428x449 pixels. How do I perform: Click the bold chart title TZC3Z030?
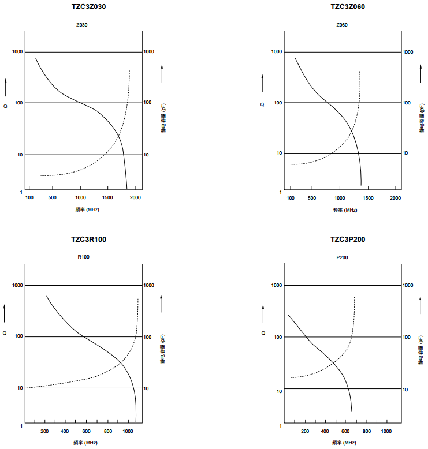[88, 6]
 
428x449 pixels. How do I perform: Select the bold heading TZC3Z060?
[348, 6]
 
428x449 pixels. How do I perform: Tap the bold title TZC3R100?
[88, 240]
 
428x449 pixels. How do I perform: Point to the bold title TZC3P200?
[348, 240]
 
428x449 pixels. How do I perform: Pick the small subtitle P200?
[342, 258]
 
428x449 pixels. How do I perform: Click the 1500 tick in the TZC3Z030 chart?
[108, 198]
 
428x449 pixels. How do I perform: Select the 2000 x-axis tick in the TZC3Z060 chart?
[395, 198]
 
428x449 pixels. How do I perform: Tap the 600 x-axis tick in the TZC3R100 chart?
[86, 431]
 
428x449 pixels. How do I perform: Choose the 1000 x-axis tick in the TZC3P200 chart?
[386, 431]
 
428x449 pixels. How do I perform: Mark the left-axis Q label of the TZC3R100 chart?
[5, 333]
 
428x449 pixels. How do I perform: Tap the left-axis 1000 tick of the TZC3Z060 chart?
[277, 52]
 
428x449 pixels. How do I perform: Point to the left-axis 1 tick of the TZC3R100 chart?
[21, 425]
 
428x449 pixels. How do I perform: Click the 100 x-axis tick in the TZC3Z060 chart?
[291, 198]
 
